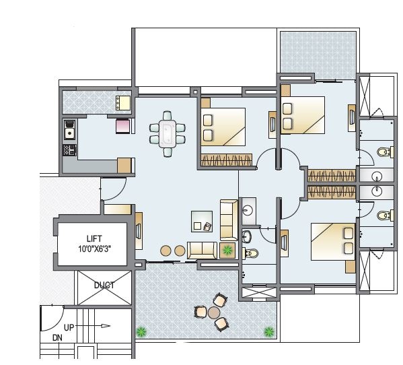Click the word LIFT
tap(94, 239)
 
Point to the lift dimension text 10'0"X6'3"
tap(94, 248)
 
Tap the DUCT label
tap(104, 285)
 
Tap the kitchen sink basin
tap(69, 125)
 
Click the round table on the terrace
tap(214, 312)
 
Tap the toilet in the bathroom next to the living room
tap(252, 253)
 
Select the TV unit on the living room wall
tap(138, 228)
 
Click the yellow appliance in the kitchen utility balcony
tap(122, 102)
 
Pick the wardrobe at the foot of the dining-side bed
tap(226, 160)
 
